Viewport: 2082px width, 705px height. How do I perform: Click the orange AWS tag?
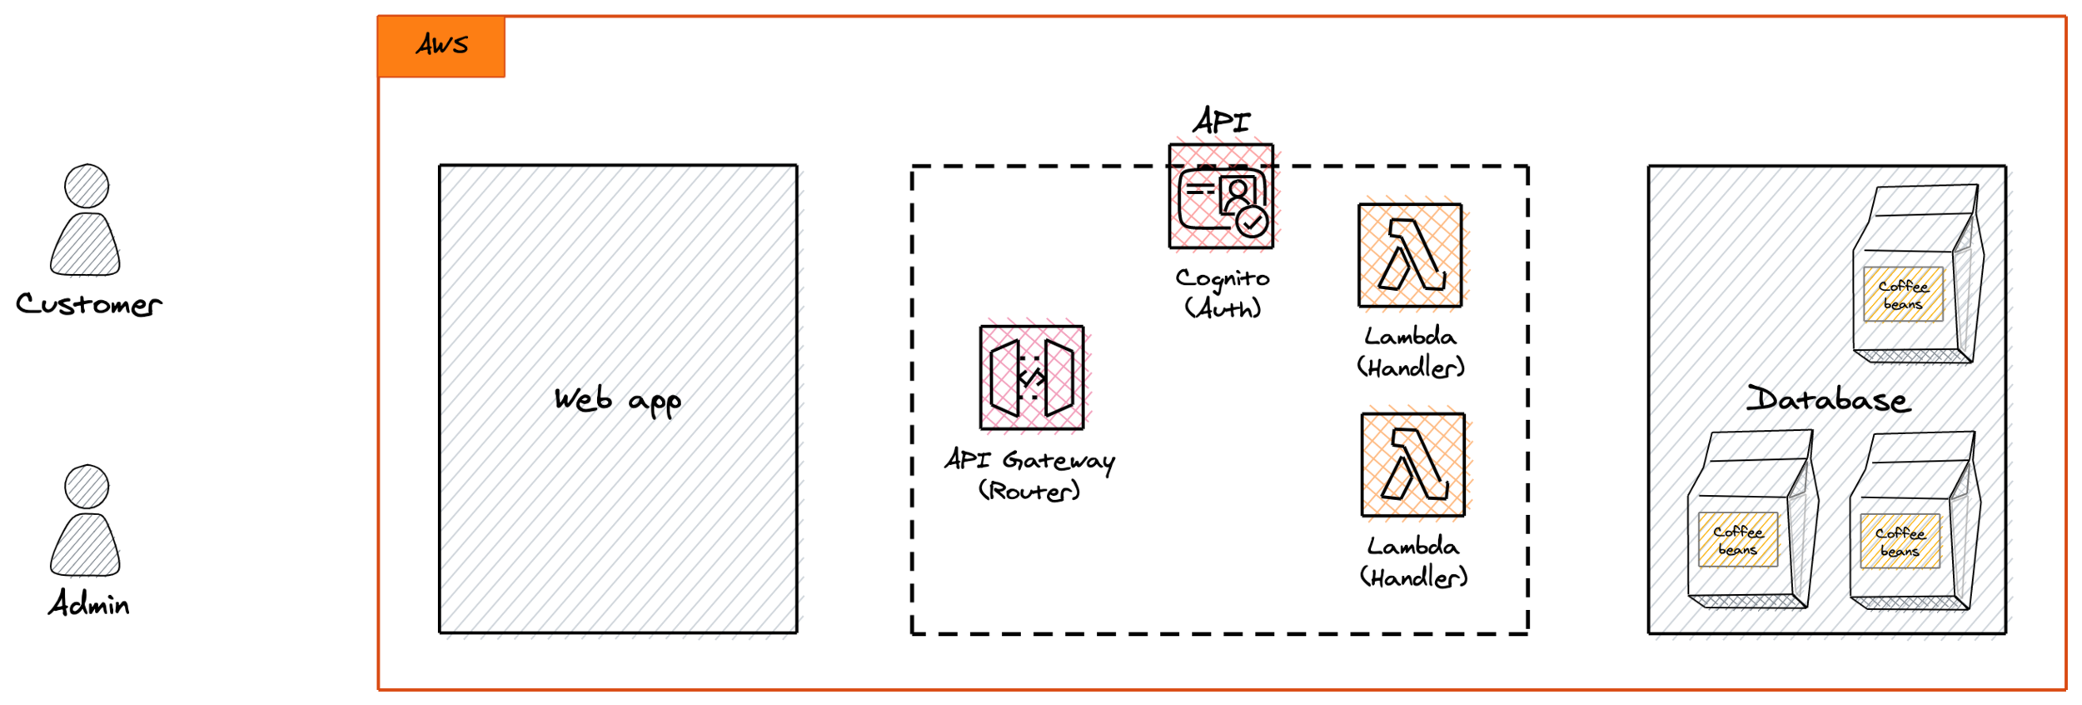tap(441, 46)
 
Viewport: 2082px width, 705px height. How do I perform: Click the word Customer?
tap(89, 304)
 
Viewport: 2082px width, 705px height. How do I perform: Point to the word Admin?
tap(89, 603)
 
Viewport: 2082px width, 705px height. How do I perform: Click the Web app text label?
tap(618, 401)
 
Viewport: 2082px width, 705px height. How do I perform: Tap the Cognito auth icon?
tap(1221, 197)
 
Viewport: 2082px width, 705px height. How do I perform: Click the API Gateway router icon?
tap(1032, 377)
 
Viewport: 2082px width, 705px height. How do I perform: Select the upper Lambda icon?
tap(1410, 256)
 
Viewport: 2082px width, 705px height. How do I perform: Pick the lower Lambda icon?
tap(1413, 465)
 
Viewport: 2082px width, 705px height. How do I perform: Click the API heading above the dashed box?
tap(1222, 122)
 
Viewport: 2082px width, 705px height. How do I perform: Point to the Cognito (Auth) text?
tap(1223, 293)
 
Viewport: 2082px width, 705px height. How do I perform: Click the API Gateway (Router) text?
tap(1030, 475)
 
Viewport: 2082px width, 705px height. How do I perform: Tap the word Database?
tap(1829, 399)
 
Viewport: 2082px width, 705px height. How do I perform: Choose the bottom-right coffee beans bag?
tap(1914, 520)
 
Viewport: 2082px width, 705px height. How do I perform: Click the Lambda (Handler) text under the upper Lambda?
tap(1411, 352)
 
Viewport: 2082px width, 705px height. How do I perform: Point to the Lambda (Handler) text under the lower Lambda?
tap(1413, 562)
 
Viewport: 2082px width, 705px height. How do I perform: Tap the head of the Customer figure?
tap(87, 186)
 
